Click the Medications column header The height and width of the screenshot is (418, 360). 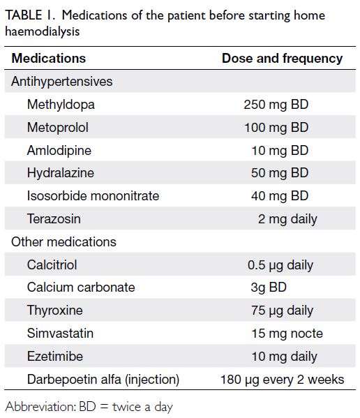[x=49, y=58]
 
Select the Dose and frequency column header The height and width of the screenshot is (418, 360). [x=282, y=59]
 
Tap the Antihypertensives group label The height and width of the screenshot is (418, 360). [x=61, y=82]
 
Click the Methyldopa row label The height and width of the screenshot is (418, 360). [x=61, y=105]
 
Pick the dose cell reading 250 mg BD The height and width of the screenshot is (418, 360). [x=276, y=105]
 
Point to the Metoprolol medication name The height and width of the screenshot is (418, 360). [x=57, y=128]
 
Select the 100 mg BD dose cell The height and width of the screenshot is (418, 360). [x=276, y=128]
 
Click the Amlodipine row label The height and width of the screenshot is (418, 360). [x=59, y=150]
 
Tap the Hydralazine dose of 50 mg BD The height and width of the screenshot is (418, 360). [x=280, y=173]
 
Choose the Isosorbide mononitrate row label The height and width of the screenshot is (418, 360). [x=93, y=196]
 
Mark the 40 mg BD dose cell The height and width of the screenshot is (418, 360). [x=280, y=196]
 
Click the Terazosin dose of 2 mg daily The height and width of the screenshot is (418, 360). [x=287, y=219]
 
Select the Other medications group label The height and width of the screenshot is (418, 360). [x=63, y=242]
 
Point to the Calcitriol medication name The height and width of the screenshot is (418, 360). [x=52, y=265]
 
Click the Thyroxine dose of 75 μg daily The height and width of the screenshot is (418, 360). [x=282, y=311]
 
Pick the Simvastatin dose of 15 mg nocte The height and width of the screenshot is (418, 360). [x=287, y=334]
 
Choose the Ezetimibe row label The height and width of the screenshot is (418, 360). [x=55, y=357]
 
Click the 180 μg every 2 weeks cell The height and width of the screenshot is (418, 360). [x=282, y=380]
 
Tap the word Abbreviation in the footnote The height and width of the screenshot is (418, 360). [x=41, y=407]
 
